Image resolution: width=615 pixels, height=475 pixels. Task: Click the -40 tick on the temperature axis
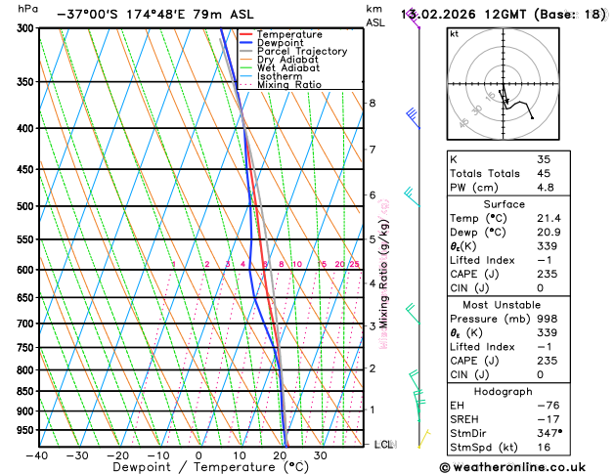click(37, 455)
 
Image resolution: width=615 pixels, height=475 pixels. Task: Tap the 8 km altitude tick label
click(372, 103)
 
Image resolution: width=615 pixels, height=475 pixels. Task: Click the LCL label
click(384, 445)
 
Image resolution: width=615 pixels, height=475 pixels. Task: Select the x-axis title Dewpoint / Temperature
click(198, 468)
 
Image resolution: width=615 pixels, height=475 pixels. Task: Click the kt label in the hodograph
click(454, 34)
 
